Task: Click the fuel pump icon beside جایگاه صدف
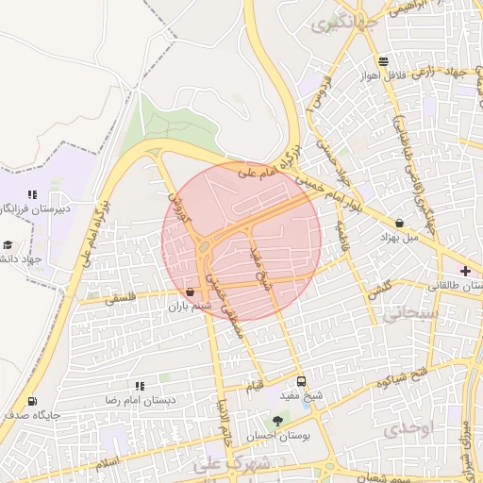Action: click(x=34, y=401)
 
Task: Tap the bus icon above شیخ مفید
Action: click(x=301, y=382)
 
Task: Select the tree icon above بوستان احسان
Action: click(x=277, y=421)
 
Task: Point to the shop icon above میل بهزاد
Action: click(x=401, y=224)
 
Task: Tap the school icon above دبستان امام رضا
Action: click(x=141, y=386)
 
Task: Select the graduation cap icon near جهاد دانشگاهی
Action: click(x=8, y=244)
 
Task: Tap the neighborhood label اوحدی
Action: click(x=408, y=429)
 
